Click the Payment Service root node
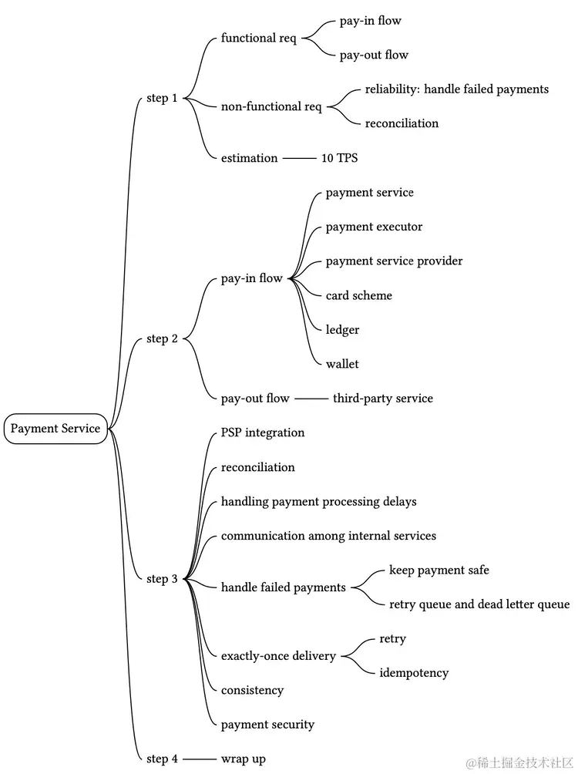click(55, 429)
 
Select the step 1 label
click(162, 98)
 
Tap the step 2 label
click(162, 338)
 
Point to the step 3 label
click(162, 579)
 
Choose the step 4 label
click(162, 759)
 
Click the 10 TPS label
click(339, 158)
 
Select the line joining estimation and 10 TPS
click(299, 158)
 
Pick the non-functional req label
click(271, 106)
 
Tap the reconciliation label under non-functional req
click(402, 123)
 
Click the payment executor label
click(374, 227)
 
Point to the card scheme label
click(358, 295)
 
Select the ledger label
click(342, 329)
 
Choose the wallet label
click(342, 364)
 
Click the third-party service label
click(382, 399)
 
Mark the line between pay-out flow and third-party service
click(311, 399)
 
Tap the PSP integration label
click(263, 432)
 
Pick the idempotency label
click(414, 673)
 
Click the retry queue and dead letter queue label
click(479, 604)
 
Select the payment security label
click(267, 725)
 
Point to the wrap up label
click(243, 759)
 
